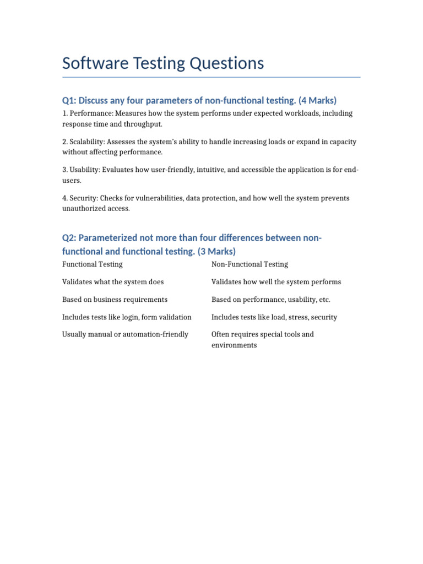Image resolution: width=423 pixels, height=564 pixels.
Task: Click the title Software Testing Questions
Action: click(163, 64)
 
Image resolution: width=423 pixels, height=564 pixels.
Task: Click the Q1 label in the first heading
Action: click(69, 100)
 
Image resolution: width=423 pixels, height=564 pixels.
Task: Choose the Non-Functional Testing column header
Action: click(250, 264)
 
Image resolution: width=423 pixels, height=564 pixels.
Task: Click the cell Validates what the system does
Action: click(113, 282)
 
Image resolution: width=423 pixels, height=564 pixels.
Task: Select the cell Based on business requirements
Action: click(115, 300)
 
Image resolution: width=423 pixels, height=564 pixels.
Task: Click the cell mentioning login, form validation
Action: click(127, 317)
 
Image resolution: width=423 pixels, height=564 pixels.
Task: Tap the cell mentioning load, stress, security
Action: click(274, 317)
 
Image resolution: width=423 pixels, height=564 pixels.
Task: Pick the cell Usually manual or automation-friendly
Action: click(125, 334)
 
